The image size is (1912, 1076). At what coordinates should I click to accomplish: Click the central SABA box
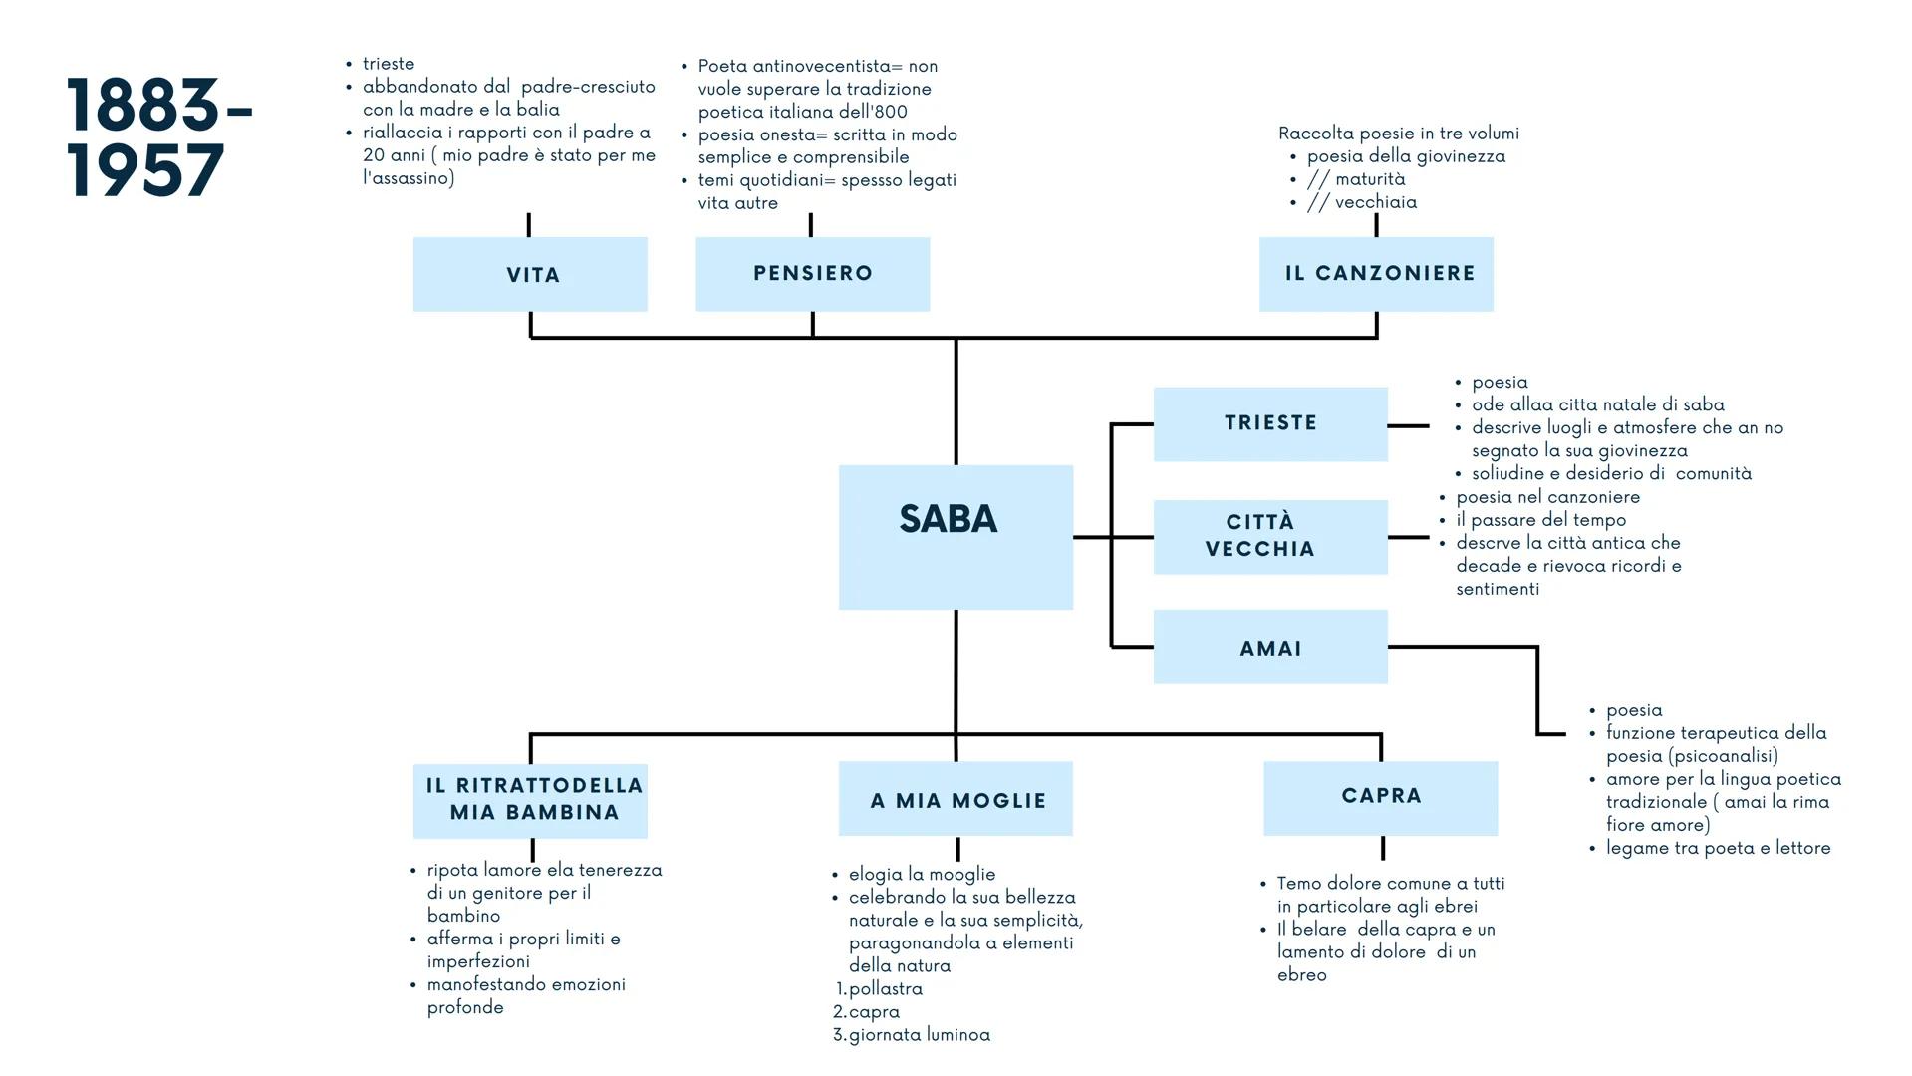(x=956, y=537)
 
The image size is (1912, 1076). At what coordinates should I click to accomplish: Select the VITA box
(x=530, y=274)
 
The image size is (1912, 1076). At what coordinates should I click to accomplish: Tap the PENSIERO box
(x=812, y=274)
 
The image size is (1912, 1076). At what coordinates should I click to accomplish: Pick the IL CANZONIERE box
(x=1376, y=274)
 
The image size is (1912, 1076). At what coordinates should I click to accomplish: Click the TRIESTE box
(x=1270, y=424)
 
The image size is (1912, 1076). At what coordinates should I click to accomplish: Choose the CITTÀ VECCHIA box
(x=1270, y=537)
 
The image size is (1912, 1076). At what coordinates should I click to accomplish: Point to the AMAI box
(x=1270, y=647)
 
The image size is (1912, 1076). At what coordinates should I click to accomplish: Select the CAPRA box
(x=1380, y=798)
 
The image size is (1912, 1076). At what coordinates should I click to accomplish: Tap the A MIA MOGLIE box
(x=956, y=798)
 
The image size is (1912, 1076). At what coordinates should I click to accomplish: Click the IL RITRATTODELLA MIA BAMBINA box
(x=530, y=801)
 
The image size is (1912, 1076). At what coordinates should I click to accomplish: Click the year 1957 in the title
(x=146, y=170)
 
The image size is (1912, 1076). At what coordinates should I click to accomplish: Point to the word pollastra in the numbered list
(x=886, y=989)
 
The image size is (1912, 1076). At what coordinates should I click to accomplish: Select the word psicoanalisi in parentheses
(x=1723, y=756)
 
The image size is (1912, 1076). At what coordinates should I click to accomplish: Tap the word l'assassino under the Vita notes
(x=409, y=178)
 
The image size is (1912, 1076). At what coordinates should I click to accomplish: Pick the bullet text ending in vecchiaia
(x=1362, y=202)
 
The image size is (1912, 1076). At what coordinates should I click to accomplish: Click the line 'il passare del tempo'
(x=1540, y=520)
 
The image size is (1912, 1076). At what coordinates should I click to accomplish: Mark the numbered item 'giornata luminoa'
(x=919, y=1035)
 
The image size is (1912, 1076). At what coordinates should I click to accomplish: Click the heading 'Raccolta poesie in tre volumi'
(x=1398, y=134)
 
